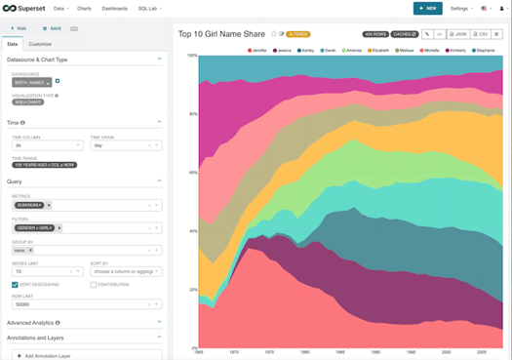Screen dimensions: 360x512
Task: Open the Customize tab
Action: (x=40, y=44)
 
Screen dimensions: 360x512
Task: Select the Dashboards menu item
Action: (x=114, y=8)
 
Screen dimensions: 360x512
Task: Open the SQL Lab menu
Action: (x=148, y=8)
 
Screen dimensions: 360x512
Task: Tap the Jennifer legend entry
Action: (x=259, y=49)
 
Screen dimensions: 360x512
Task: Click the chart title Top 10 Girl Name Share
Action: (x=222, y=33)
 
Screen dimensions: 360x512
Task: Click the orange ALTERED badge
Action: (x=297, y=33)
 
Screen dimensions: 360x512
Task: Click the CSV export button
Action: (x=481, y=33)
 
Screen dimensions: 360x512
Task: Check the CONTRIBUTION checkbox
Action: (x=94, y=285)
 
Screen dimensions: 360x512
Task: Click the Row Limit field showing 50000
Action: (x=83, y=303)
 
